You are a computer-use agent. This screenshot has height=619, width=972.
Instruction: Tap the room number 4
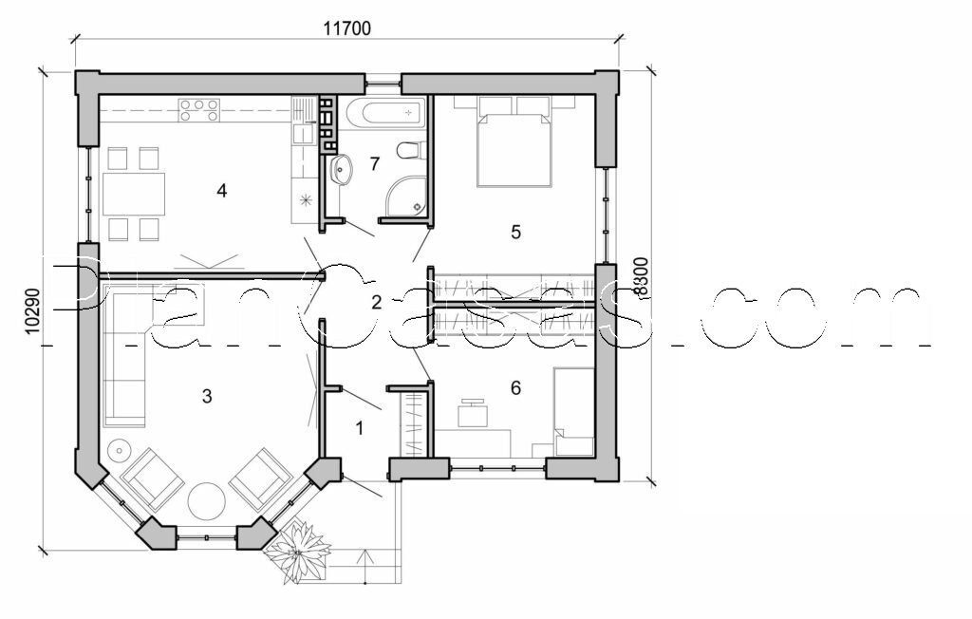[222, 191]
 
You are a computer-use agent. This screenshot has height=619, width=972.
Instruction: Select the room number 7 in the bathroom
[375, 163]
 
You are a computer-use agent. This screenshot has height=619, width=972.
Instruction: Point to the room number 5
[516, 232]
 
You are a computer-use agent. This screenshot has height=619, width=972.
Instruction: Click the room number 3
[207, 396]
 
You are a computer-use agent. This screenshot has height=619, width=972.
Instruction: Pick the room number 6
[515, 387]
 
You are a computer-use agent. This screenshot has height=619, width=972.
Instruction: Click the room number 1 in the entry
[359, 428]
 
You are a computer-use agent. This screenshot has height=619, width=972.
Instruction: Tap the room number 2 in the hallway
[376, 303]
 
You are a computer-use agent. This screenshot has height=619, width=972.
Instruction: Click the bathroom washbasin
[341, 171]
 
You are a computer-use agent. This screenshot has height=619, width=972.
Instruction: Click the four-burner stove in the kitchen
[199, 109]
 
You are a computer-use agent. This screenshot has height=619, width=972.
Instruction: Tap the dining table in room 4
[134, 194]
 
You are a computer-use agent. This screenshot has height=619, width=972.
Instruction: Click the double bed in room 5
[514, 147]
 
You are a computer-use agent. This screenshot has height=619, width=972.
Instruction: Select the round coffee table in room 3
[206, 501]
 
